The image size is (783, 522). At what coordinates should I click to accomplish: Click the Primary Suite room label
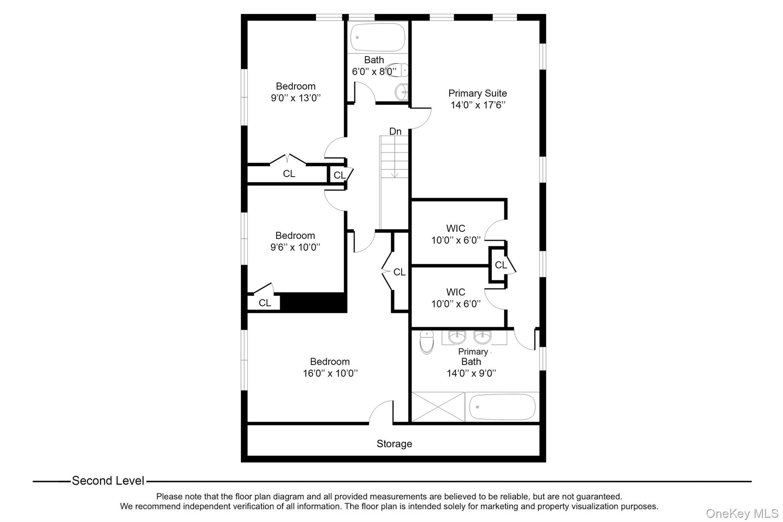[478, 93]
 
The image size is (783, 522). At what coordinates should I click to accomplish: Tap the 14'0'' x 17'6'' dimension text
[478, 105]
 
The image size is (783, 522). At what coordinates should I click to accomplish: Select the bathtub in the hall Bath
[378, 37]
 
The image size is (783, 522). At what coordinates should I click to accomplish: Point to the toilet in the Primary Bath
[426, 342]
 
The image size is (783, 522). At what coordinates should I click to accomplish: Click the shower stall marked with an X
[438, 407]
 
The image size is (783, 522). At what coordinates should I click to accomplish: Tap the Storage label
[394, 444]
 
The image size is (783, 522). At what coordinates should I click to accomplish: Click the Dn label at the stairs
[395, 132]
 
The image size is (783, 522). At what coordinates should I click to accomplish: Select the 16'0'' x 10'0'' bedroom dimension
[330, 373]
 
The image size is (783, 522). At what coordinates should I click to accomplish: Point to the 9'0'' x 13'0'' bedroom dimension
[296, 98]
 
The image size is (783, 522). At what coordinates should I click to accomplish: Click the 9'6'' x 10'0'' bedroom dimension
[295, 247]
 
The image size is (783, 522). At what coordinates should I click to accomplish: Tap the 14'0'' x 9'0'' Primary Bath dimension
[471, 373]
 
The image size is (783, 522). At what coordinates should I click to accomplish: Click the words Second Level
[108, 481]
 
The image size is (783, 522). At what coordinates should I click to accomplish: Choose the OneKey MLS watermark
[742, 513]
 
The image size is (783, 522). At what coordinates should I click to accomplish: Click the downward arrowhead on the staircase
[395, 176]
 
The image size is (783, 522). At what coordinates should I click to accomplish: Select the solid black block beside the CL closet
[313, 302]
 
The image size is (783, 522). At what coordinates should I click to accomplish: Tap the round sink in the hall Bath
[401, 92]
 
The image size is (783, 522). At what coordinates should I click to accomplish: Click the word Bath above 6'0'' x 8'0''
[374, 60]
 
